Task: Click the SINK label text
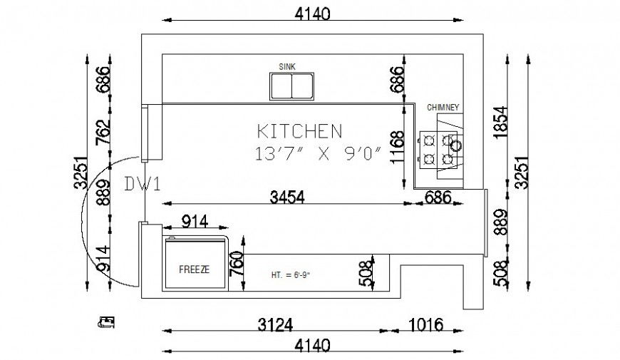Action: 287,66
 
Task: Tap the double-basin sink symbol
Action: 291,86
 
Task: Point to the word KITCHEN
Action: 299,131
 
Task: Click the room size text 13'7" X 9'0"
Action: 319,153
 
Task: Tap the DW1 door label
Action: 143,185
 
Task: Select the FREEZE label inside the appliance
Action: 193,269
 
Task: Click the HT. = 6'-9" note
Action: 291,274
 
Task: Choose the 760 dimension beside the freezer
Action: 238,264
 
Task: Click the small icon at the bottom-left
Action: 107,323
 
